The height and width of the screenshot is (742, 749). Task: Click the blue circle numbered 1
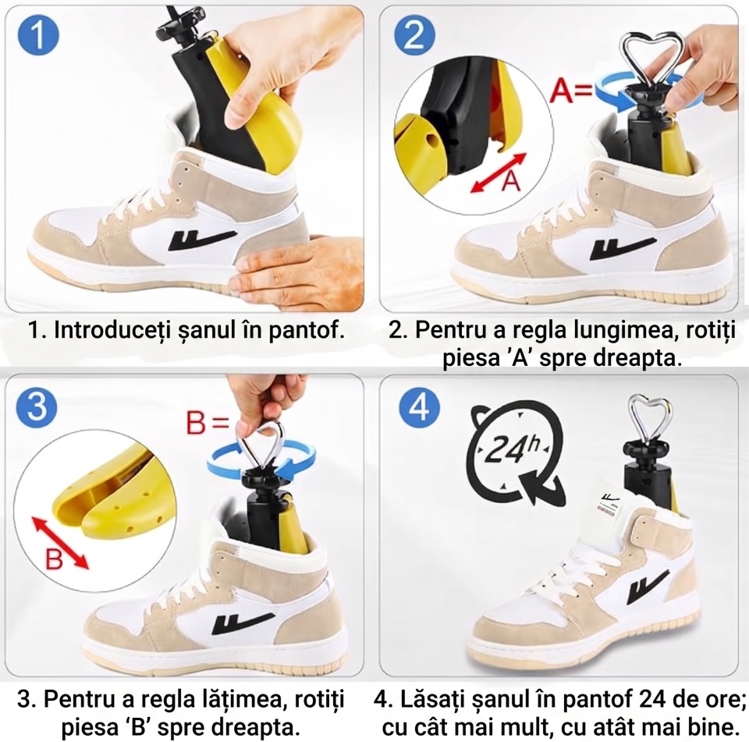[x=38, y=36]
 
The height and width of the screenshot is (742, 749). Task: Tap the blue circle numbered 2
[x=414, y=36]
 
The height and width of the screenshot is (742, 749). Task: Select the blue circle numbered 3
[x=37, y=407]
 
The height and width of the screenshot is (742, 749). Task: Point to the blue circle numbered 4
[x=420, y=407]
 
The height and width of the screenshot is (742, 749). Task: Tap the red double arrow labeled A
[x=499, y=173]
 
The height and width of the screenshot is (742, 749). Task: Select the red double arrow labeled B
[x=60, y=542]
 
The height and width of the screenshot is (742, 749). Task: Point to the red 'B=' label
[x=208, y=422]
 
